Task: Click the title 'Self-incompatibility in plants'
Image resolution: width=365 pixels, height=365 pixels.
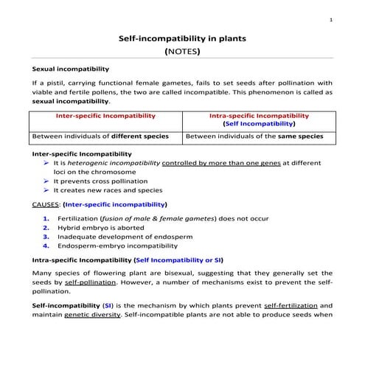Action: pos(182,38)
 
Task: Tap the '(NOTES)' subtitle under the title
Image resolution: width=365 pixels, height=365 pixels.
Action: pos(182,52)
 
